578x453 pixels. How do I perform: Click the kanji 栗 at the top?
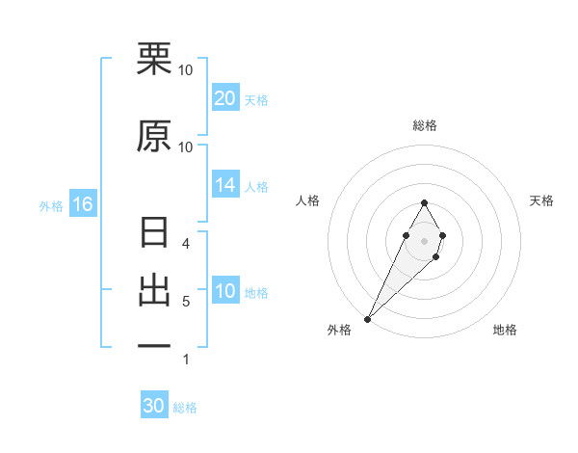(154, 59)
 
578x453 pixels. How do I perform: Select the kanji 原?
(154, 136)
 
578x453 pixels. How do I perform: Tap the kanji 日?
(154, 232)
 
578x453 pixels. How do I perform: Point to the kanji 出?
(154, 290)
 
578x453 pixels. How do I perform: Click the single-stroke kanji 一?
(154, 346)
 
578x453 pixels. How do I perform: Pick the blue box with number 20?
(225, 98)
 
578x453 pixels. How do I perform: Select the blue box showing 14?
(225, 185)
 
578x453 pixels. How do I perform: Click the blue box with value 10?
(225, 291)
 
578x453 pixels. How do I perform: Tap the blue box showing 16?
(82, 204)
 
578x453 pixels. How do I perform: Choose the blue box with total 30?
(154, 406)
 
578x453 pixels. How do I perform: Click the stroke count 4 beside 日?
(185, 244)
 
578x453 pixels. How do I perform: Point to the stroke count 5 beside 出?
(185, 302)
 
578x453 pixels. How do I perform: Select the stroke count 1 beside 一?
(185, 360)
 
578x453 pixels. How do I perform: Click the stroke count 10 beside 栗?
(186, 70)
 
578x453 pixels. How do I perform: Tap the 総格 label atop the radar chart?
(424, 125)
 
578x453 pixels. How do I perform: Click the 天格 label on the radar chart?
(541, 200)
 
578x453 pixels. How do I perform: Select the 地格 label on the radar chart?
(505, 330)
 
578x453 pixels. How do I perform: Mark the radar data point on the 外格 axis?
(367, 318)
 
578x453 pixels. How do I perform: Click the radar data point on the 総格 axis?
(424, 202)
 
